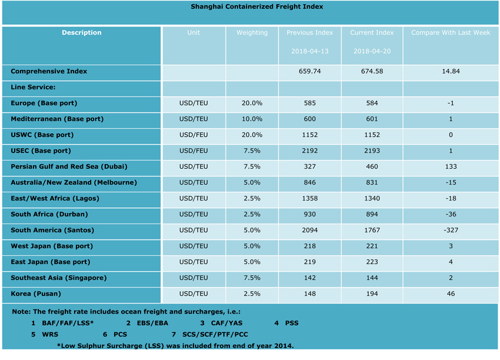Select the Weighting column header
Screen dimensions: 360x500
point(252,33)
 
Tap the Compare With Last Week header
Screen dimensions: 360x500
point(450,33)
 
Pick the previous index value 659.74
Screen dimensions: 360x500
point(309,71)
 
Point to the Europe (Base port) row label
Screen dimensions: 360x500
point(44,103)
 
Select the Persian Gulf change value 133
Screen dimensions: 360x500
point(450,166)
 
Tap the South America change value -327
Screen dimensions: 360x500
point(450,230)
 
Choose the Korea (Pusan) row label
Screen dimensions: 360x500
point(35,294)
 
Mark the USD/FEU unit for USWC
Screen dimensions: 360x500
point(194,135)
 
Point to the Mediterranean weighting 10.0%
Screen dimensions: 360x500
point(252,119)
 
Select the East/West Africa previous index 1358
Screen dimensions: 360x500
point(309,198)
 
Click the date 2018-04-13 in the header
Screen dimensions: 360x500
point(309,51)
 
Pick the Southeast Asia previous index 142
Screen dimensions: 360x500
point(309,278)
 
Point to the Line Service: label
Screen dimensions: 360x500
point(33,87)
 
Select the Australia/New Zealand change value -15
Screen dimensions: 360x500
point(450,182)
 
